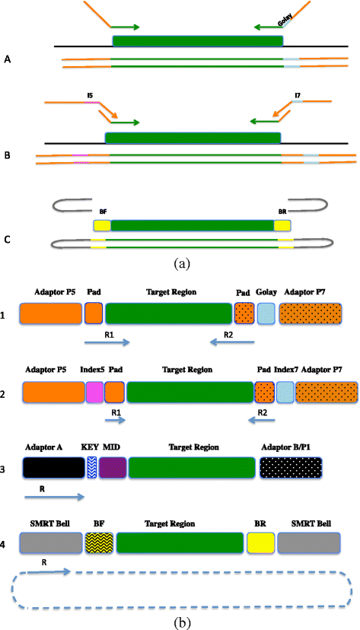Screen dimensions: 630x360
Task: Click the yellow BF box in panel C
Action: click(101, 226)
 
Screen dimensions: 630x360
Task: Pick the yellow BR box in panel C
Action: click(283, 226)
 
